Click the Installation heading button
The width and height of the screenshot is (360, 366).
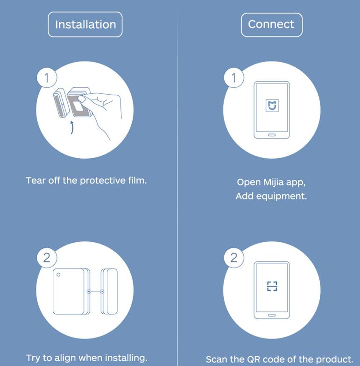pos(85,24)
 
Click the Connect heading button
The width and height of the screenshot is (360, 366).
pos(272,25)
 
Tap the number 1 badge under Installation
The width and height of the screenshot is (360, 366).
pos(47,77)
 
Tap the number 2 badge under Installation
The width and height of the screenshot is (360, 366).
pos(47,258)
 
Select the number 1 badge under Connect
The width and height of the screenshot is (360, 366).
pos(233,77)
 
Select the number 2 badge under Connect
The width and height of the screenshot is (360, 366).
pos(233,258)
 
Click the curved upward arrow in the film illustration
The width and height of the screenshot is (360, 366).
pos(72,127)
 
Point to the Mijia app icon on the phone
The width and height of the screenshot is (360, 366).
pos(272,106)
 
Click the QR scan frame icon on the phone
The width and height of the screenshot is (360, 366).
pos(272,286)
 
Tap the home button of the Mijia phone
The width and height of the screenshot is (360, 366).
pos(272,135)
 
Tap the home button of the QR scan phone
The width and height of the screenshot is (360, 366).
pos(272,315)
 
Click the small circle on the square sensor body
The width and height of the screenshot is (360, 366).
pos(58,274)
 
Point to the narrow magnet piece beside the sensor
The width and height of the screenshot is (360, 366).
pos(109,291)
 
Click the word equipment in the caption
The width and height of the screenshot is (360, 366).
pos(281,197)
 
